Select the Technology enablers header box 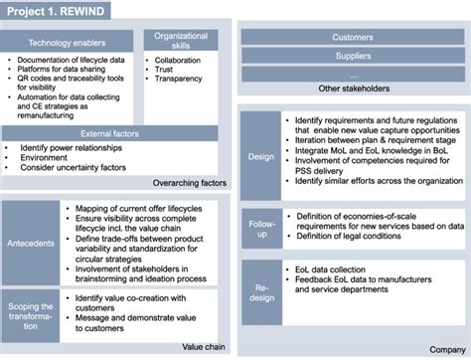tap(68, 44)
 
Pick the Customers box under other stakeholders tap(353, 37)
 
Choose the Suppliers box tap(353, 56)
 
